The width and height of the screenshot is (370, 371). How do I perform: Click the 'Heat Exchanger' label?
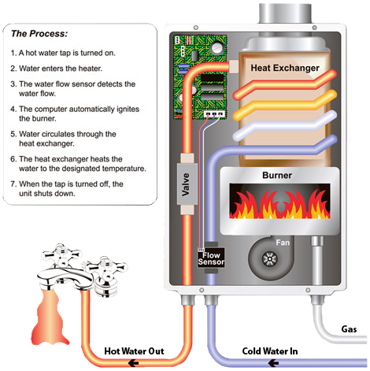pyautogui.click(x=285, y=68)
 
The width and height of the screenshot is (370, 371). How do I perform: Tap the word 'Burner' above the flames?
pyautogui.click(x=277, y=175)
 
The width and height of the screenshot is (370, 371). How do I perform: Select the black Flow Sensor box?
pyautogui.click(x=211, y=258)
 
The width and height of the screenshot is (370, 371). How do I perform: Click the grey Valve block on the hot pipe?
pyautogui.click(x=187, y=184)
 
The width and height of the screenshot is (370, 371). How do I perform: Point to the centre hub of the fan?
pyautogui.click(x=270, y=259)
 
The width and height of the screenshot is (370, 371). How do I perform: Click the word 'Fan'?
pyautogui.click(x=283, y=243)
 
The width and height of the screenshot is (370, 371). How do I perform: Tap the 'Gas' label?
pyautogui.click(x=349, y=329)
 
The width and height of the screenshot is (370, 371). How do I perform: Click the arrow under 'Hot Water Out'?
pyautogui.click(x=133, y=364)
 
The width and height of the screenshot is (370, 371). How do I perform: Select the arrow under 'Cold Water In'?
pyautogui.click(x=273, y=363)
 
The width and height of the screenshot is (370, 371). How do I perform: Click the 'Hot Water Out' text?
pyautogui.click(x=134, y=351)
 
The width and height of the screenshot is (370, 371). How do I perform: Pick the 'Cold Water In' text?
pyautogui.click(x=270, y=351)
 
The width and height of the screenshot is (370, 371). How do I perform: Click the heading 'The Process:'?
pyautogui.click(x=39, y=34)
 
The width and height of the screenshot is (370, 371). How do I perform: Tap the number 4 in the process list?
pyautogui.click(x=13, y=109)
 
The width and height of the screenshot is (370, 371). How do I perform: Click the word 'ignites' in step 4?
pyautogui.click(x=128, y=109)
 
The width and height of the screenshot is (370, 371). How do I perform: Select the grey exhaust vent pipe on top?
pyautogui.click(x=285, y=13)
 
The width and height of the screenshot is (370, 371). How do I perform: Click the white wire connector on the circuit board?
pyautogui.click(x=214, y=113)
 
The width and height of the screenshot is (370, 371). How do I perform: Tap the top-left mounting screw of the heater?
pyautogui.click(x=195, y=28)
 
